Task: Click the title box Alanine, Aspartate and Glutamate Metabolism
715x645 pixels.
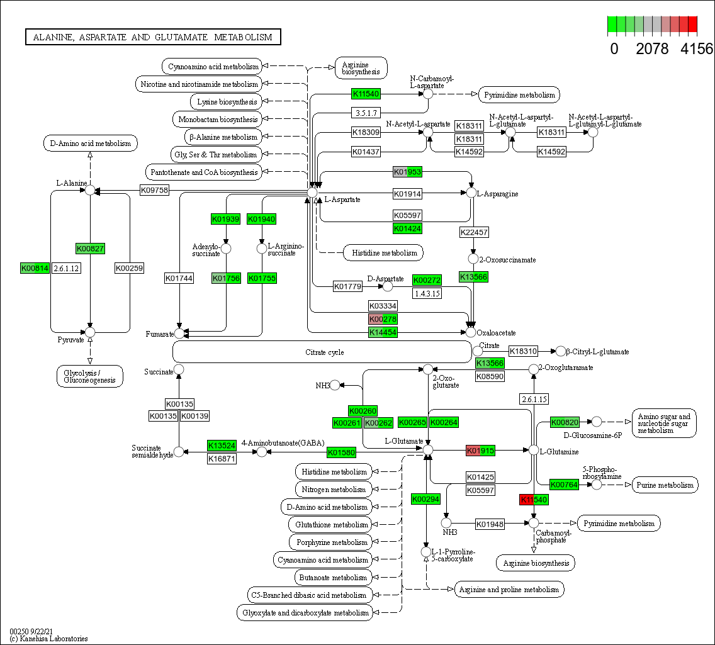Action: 153,37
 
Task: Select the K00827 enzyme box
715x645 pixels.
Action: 89,249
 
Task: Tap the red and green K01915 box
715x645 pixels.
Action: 480,451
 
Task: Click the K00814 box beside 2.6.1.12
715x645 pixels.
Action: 35,268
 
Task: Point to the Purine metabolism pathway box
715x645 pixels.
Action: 665,485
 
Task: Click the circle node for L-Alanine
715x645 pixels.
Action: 90,189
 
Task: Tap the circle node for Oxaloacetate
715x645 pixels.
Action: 470,332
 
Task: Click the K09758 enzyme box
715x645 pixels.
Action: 154,190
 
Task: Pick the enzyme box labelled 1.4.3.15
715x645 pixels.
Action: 427,293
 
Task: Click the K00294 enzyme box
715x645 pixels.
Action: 425,499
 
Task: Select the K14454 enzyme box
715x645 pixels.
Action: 383,332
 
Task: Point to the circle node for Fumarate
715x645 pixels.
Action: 179,333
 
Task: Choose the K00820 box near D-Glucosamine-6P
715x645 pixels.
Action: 565,422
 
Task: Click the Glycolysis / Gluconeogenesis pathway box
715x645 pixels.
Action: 90,376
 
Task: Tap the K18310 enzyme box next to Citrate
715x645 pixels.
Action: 523,351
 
